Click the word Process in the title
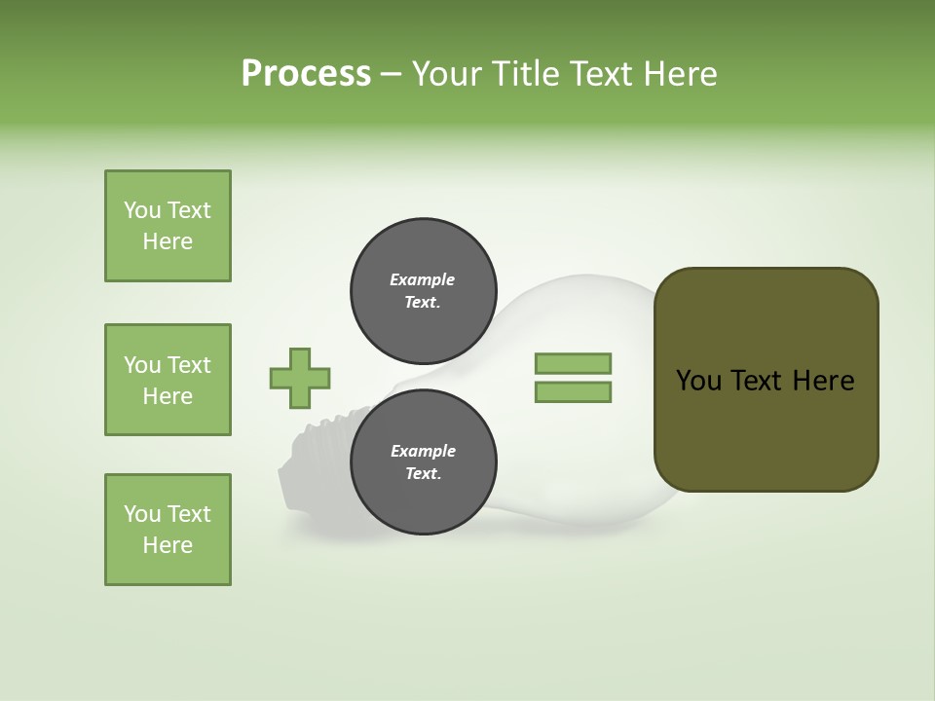tap(306, 74)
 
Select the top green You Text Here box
tap(168, 226)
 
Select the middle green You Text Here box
tap(168, 380)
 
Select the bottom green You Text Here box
tap(168, 530)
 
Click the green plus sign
tap(300, 378)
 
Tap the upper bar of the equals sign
tap(573, 363)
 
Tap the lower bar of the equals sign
tap(573, 392)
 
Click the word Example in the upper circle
tap(423, 279)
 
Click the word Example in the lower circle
tap(423, 451)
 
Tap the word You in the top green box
tap(141, 210)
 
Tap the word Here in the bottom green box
tap(168, 545)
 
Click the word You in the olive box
tap(698, 381)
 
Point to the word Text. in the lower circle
tap(423, 474)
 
